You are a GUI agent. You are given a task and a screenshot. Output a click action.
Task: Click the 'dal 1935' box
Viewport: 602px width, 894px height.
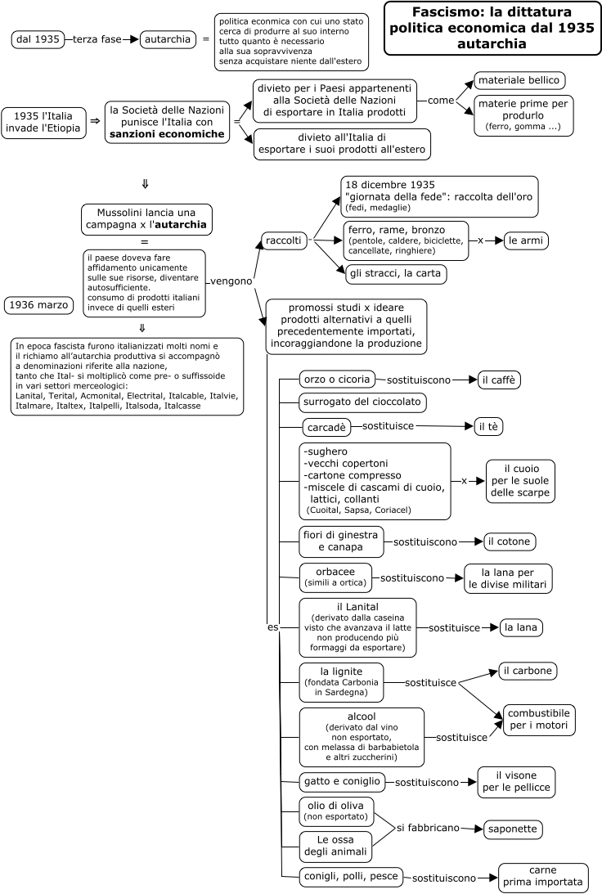click(x=38, y=39)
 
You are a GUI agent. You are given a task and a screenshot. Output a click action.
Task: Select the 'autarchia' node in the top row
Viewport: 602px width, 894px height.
click(x=168, y=39)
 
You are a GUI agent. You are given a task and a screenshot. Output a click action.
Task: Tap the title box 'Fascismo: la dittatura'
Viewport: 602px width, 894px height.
click(x=492, y=28)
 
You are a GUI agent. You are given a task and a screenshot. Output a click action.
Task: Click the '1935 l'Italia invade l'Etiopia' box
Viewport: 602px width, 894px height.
click(x=43, y=122)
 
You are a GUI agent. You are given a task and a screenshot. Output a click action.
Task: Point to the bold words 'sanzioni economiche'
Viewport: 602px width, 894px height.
click(x=167, y=134)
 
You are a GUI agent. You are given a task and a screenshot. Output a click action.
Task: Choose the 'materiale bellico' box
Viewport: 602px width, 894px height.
click(x=519, y=80)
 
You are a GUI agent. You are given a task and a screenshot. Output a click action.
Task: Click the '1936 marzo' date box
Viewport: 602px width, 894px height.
click(x=38, y=305)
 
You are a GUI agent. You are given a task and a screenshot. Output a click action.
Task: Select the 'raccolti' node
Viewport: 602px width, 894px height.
click(x=283, y=240)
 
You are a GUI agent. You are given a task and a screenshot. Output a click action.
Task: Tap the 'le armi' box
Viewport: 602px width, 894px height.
click(x=526, y=240)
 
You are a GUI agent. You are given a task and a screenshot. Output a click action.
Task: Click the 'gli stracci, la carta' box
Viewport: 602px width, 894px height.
click(x=396, y=274)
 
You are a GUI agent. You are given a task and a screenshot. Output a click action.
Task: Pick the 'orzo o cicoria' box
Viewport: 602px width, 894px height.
click(x=337, y=380)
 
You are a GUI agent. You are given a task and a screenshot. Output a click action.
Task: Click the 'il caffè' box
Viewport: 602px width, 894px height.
click(x=498, y=380)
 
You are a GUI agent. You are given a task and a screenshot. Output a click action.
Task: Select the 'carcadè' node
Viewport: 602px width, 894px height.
click(x=326, y=427)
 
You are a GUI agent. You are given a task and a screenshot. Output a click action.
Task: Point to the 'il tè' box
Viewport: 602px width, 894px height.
click(x=488, y=426)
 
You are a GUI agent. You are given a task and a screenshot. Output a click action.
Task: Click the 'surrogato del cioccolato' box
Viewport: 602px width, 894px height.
click(x=362, y=402)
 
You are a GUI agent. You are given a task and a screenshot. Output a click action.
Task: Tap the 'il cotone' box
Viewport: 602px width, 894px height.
click(x=509, y=541)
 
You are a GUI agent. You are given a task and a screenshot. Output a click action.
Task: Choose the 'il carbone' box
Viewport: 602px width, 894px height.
click(x=528, y=671)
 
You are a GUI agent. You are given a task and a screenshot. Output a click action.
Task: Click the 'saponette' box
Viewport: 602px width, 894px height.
click(x=513, y=829)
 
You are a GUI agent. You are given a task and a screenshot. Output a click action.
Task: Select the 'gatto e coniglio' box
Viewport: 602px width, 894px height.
click(x=342, y=782)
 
